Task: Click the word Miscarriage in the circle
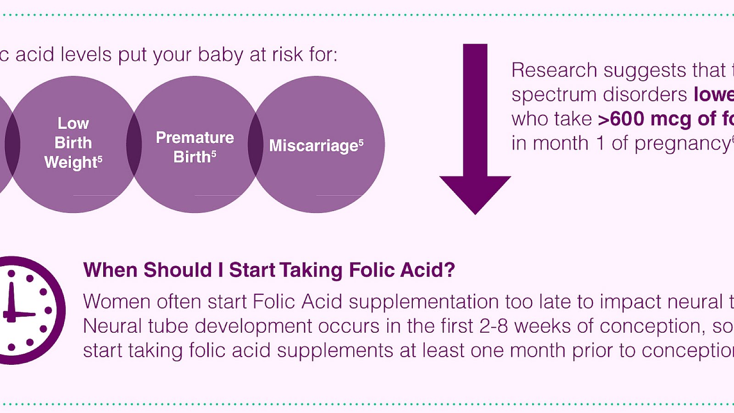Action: point(313,146)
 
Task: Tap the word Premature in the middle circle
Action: point(195,138)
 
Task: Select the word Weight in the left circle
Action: point(71,162)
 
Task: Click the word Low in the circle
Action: point(73,123)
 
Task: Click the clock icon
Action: point(28,311)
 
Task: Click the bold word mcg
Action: point(671,119)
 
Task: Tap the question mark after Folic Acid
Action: point(449,270)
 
